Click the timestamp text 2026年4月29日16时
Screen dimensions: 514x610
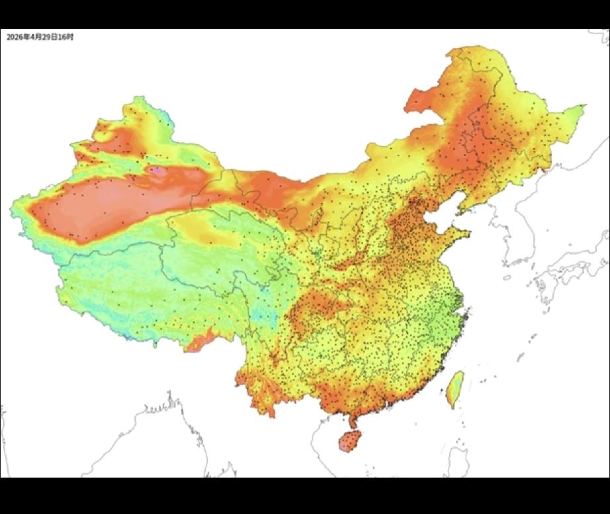click(40, 37)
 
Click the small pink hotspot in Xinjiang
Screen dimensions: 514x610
click(157, 171)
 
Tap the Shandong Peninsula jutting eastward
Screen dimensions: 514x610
click(457, 235)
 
